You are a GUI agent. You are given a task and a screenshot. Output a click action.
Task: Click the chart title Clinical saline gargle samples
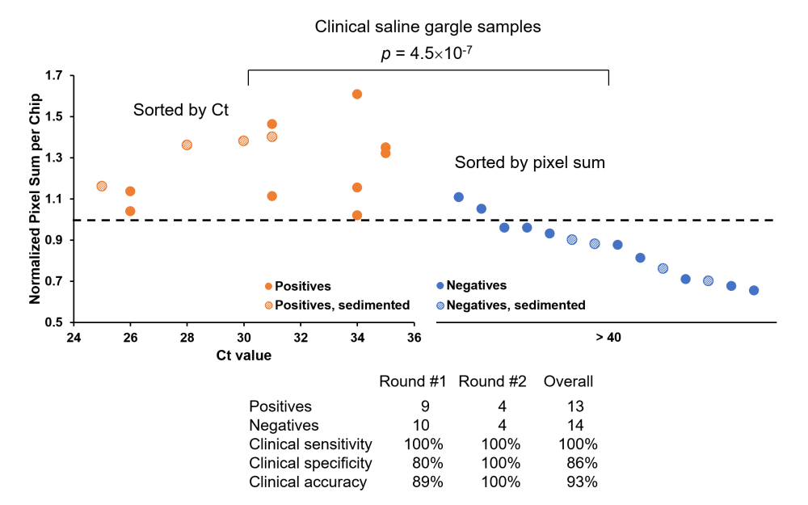click(x=427, y=27)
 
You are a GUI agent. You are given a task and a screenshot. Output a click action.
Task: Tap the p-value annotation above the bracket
click(x=427, y=54)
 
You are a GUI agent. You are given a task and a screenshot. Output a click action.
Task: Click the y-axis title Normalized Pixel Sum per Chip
click(x=36, y=199)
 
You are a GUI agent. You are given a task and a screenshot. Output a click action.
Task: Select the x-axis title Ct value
click(x=243, y=355)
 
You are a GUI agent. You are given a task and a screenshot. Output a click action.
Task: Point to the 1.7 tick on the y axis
click(x=59, y=76)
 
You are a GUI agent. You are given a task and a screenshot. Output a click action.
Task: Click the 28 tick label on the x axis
click(x=187, y=338)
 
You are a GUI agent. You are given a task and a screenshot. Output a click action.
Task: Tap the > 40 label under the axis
click(x=608, y=337)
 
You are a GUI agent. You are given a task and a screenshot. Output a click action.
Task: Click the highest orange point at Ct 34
click(x=357, y=95)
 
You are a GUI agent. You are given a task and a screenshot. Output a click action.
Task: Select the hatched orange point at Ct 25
click(x=102, y=186)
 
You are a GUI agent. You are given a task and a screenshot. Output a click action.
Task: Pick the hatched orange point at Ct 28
click(x=187, y=145)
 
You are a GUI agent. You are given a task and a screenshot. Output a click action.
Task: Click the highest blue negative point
click(x=458, y=197)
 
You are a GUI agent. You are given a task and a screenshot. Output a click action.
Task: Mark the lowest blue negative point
click(x=754, y=290)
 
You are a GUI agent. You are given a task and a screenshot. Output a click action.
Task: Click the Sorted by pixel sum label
click(x=530, y=162)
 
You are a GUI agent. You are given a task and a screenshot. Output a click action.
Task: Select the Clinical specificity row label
click(x=310, y=463)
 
